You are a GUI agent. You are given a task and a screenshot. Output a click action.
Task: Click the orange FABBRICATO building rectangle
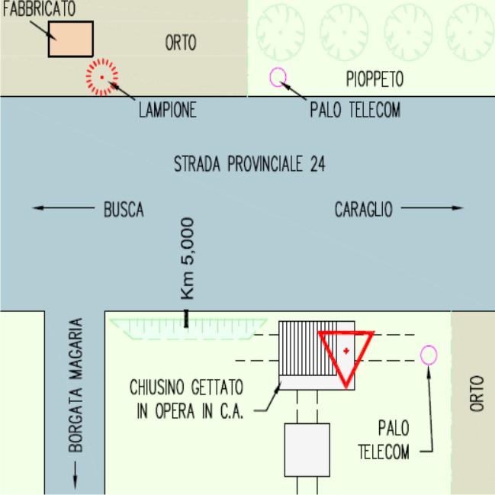[71, 39]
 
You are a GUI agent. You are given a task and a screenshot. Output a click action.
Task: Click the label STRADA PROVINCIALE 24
[249, 164]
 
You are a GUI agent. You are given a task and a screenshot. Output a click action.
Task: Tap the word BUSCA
[124, 209]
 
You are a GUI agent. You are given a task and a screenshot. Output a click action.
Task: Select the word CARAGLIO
[363, 209]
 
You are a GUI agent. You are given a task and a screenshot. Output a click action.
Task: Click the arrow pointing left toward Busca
[63, 207]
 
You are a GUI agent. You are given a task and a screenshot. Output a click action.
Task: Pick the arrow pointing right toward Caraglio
[432, 207]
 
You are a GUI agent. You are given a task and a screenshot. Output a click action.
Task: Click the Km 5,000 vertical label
[187, 259]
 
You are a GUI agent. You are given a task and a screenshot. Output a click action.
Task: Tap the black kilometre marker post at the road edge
[186, 319]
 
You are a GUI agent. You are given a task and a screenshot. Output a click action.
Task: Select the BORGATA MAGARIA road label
[76, 385]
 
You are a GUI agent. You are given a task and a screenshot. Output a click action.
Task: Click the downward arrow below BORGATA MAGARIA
[76, 475]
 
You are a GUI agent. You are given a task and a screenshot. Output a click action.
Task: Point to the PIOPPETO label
[374, 79]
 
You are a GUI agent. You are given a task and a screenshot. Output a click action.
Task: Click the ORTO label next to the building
[181, 43]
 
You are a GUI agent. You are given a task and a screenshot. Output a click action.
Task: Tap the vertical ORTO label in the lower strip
[477, 394]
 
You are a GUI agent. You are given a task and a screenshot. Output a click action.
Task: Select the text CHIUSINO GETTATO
[187, 387]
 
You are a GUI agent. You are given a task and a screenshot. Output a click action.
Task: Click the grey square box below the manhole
[307, 450]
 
